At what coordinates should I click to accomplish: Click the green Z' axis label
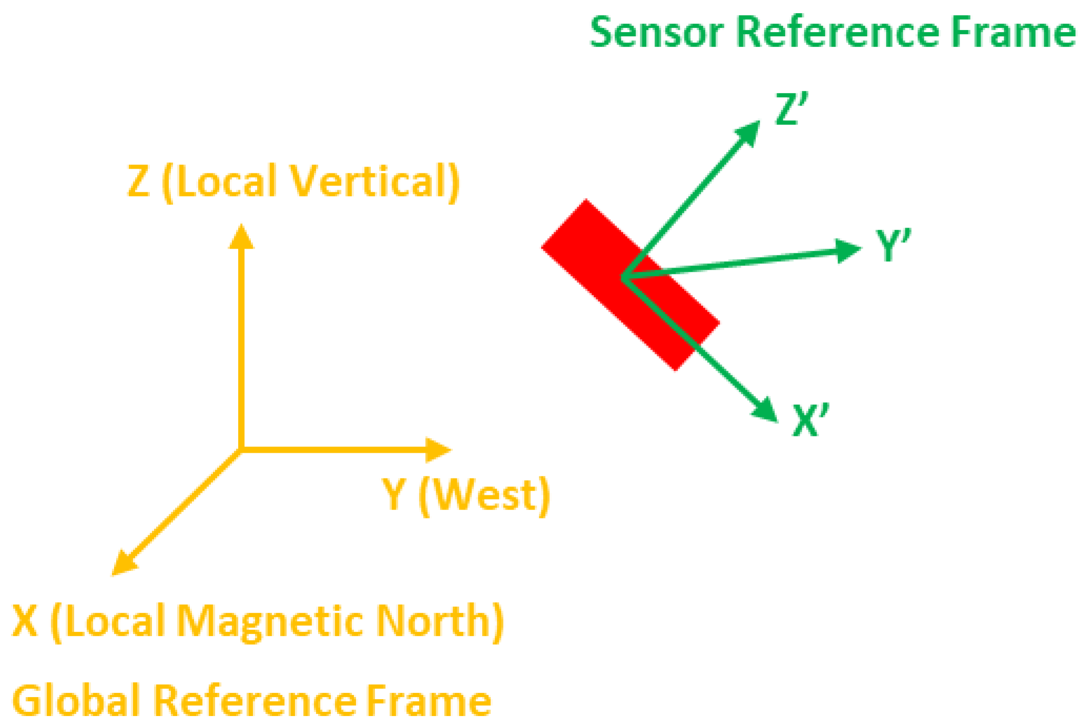(790, 109)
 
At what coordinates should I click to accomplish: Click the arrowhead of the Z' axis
(749, 132)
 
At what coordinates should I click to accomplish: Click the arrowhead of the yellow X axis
(124, 564)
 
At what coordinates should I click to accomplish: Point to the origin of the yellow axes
(241, 450)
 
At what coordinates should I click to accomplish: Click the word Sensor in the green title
(657, 33)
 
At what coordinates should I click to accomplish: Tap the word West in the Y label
(484, 495)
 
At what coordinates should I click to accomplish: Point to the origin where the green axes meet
(623, 277)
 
